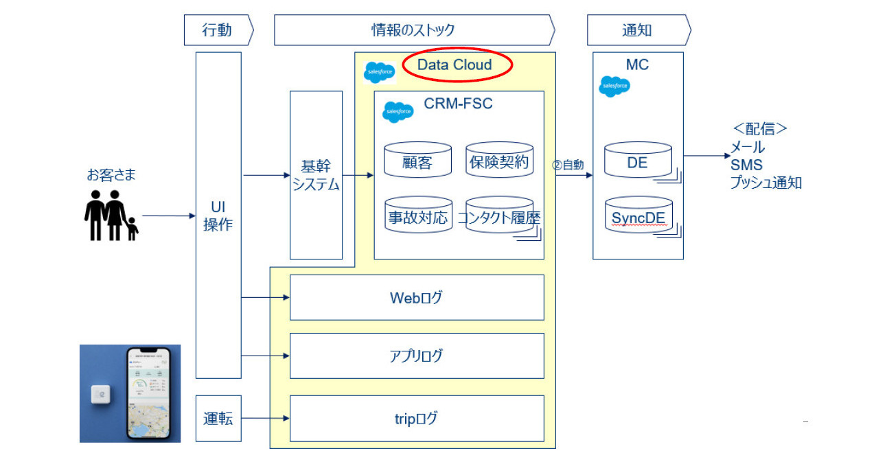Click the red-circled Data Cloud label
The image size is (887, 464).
pyautogui.click(x=456, y=65)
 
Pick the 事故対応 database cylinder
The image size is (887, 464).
pyautogui.click(x=417, y=216)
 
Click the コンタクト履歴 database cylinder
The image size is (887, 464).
pyautogui.click(x=499, y=216)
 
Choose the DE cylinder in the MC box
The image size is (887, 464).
pyautogui.click(x=637, y=161)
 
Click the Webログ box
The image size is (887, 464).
pyautogui.click(x=417, y=297)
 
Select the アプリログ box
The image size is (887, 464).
pyautogui.click(x=417, y=356)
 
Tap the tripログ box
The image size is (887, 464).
pyautogui.click(x=417, y=418)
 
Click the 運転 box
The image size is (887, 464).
pyautogui.click(x=218, y=418)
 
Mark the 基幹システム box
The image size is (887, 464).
pyautogui.click(x=316, y=175)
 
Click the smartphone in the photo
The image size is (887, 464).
pyautogui.click(x=147, y=393)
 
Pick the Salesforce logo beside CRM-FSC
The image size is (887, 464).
pyautogui.click(x=398, y=111)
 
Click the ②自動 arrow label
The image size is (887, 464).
pyautogui.click(x=568, y=165)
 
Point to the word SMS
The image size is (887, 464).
pyautogui.click(x=746, y=165)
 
